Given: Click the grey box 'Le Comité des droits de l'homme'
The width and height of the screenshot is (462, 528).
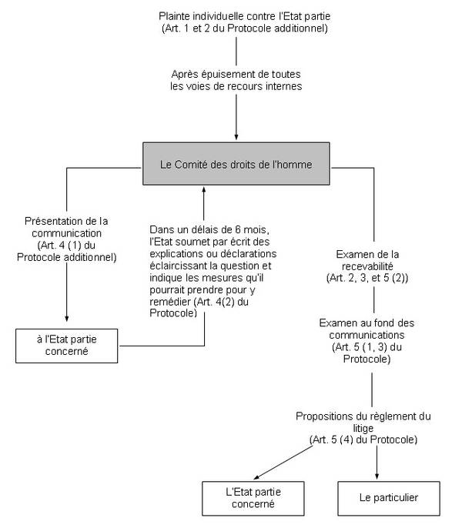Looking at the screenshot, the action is [236, 164].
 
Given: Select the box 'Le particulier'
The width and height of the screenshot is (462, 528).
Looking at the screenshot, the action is [389, 499].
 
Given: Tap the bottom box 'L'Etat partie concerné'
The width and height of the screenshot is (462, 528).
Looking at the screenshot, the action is [253, 499].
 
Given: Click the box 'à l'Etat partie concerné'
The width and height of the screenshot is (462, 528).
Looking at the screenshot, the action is [67, 346].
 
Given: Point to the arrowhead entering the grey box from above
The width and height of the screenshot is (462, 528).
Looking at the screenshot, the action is [236, 137].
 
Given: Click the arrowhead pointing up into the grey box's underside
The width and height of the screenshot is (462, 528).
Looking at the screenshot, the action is [204, 190].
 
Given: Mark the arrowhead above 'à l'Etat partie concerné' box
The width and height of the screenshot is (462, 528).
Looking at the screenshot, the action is [67, 319].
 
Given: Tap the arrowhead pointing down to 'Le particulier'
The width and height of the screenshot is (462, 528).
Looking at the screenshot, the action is [377, 476].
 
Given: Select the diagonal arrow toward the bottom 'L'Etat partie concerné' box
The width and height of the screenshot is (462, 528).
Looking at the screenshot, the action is [283, 463].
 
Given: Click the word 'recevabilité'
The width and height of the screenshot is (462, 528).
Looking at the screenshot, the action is [367, 266].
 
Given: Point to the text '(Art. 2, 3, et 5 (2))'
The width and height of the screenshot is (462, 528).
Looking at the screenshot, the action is [367, 278].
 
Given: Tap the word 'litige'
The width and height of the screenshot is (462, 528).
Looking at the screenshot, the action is [363, 428].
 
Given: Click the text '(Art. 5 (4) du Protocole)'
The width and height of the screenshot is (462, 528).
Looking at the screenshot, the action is [363, 439].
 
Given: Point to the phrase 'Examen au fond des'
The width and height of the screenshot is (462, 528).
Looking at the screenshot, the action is [367, 323].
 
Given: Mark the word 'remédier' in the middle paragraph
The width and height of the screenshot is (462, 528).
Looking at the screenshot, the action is [170, 302].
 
